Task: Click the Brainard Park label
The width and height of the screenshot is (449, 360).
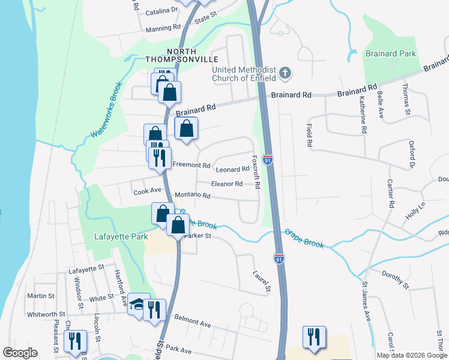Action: click(391, 53)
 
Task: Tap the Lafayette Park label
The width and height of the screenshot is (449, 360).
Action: click(121, 237)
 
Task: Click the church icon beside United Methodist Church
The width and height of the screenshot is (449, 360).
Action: click(285, 74)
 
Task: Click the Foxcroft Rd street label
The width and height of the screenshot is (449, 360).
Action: click(256, 173)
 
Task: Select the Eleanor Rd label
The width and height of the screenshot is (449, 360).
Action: click(227, 184)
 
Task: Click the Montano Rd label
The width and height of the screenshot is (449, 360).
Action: click(192, 196)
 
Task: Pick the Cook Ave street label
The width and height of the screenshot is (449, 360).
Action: click(148, 191)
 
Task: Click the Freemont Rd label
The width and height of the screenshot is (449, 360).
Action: click(191, 165)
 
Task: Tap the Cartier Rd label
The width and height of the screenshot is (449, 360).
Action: click(391, 193)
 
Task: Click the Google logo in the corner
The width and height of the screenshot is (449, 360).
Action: click(19, 353)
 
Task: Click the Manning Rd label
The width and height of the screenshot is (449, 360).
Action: click(163, 28)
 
